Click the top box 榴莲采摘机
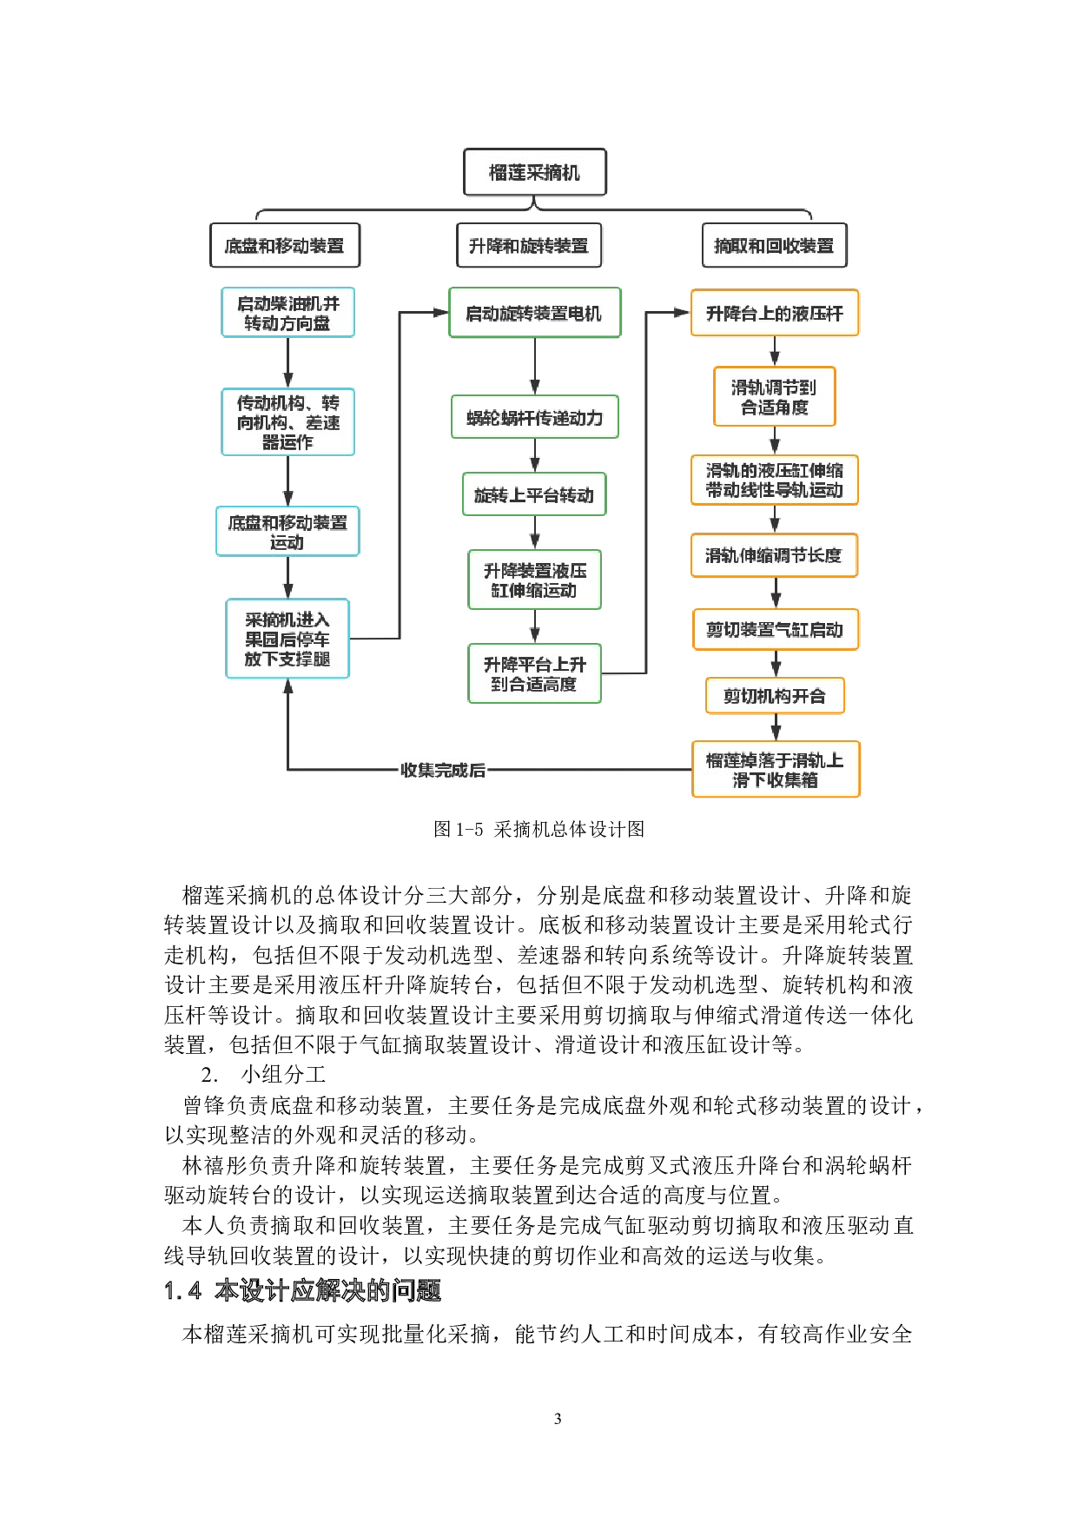[534, 173]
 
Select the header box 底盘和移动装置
[284, 246]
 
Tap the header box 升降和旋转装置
[528, 246]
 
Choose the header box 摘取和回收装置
[773, 246]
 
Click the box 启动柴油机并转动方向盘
[287, 313]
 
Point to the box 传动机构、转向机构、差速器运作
[287, 422]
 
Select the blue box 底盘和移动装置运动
[287, 532]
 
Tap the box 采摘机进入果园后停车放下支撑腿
[287, 639]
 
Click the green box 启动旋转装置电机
[534, 313]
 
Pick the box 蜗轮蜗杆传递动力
[534, 417]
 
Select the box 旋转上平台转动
[534, 494]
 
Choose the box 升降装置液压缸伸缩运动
[534, 580]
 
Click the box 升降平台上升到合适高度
[534, 673]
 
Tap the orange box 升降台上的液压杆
[774, 313]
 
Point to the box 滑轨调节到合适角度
[774, 396]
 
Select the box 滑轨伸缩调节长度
[774, 555]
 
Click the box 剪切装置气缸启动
[775, 630]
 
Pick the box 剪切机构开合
[775, 696]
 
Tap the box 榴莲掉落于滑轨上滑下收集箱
[775, 769]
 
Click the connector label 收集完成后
[442, 770]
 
